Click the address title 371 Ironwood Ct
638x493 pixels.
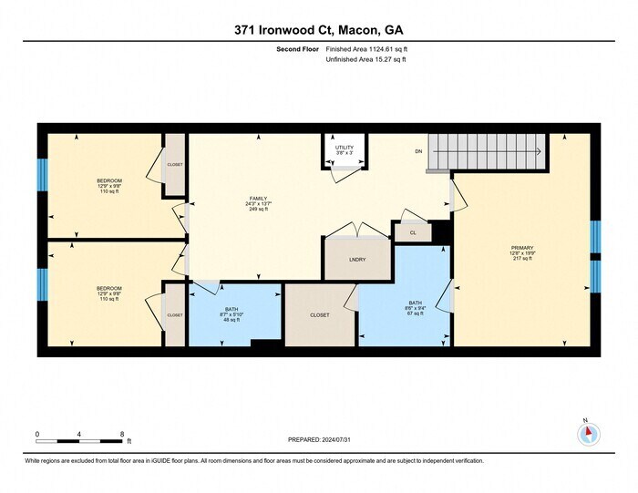pyautogui.click(x=318, y=28)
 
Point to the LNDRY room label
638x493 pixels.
pyautogui.click(x=357, y=260)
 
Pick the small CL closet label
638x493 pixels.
pyautogui.click(x=413, y=232)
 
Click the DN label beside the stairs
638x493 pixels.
pyautogui.click(x=418, y=151)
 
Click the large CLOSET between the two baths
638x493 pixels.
pyautogui.click(x=319, y=314)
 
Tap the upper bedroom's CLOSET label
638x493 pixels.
pyautogui.click(x=174, y=165)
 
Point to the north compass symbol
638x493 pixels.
pyautogui.click(x=588, y=434)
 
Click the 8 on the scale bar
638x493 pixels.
pyautogui.click(x=122, y=434)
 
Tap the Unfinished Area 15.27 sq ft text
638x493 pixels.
pyautogui.click(x=363, y=60)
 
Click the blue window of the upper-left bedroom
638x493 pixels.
pyautogui.click(x=41, y=174)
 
